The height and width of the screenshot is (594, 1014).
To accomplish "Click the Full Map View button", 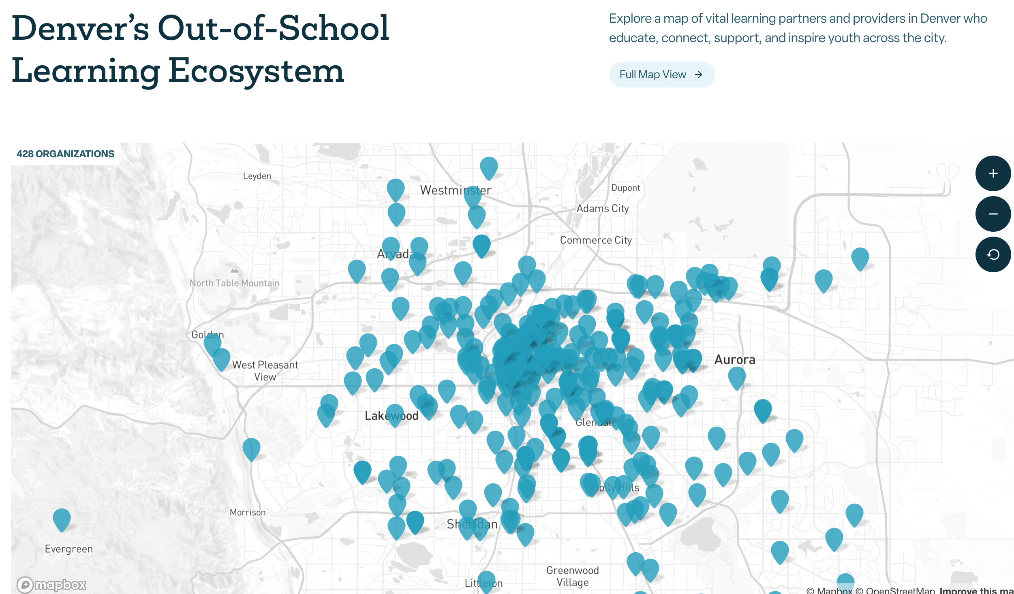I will point(661,75).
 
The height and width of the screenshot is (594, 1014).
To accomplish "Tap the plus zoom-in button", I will point(993,173).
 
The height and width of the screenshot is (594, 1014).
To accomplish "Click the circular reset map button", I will point(993,254).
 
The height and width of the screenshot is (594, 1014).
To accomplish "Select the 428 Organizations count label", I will point(65,154).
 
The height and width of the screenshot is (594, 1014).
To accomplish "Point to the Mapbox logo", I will point(51,585).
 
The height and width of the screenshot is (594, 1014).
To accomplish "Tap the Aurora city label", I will point(734,360).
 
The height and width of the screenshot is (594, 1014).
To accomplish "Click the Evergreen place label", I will point(68,549).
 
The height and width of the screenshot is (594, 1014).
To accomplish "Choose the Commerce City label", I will point(596,240).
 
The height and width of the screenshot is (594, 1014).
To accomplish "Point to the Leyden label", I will point(257,176).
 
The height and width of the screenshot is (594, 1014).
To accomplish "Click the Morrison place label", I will point(248,513).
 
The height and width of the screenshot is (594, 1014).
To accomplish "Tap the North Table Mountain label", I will point(235,283).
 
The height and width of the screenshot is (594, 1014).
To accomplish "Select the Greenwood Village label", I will point(572,576).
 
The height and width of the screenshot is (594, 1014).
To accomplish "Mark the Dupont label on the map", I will point(625,188).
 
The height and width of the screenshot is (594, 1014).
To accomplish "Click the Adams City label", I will point(603,209).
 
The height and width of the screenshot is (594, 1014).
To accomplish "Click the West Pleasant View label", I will point(265,371).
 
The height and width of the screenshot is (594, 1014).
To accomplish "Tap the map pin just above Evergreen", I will point(62,519).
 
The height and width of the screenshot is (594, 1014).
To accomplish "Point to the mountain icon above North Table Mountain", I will point(235,269).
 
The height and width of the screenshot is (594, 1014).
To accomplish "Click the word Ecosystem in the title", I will point(256,71).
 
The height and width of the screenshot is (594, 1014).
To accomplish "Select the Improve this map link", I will point(977,591).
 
